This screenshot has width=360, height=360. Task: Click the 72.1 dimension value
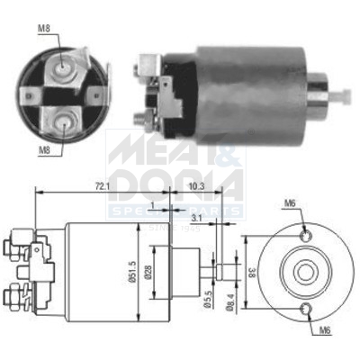pos(97,185)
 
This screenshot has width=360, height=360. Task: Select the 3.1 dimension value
pos(196,218)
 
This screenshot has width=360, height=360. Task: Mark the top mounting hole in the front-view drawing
pos(308,236)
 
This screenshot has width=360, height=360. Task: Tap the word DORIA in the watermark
pos(175,184)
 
